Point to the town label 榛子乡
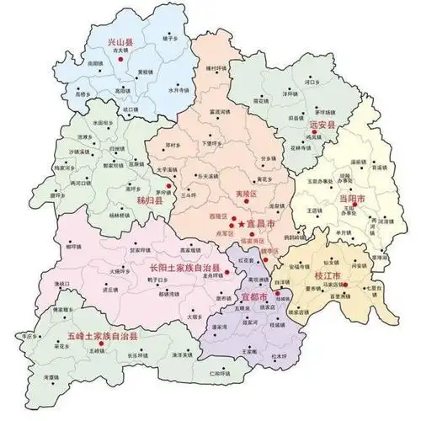pyautogui.click(x=170, y=39)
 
